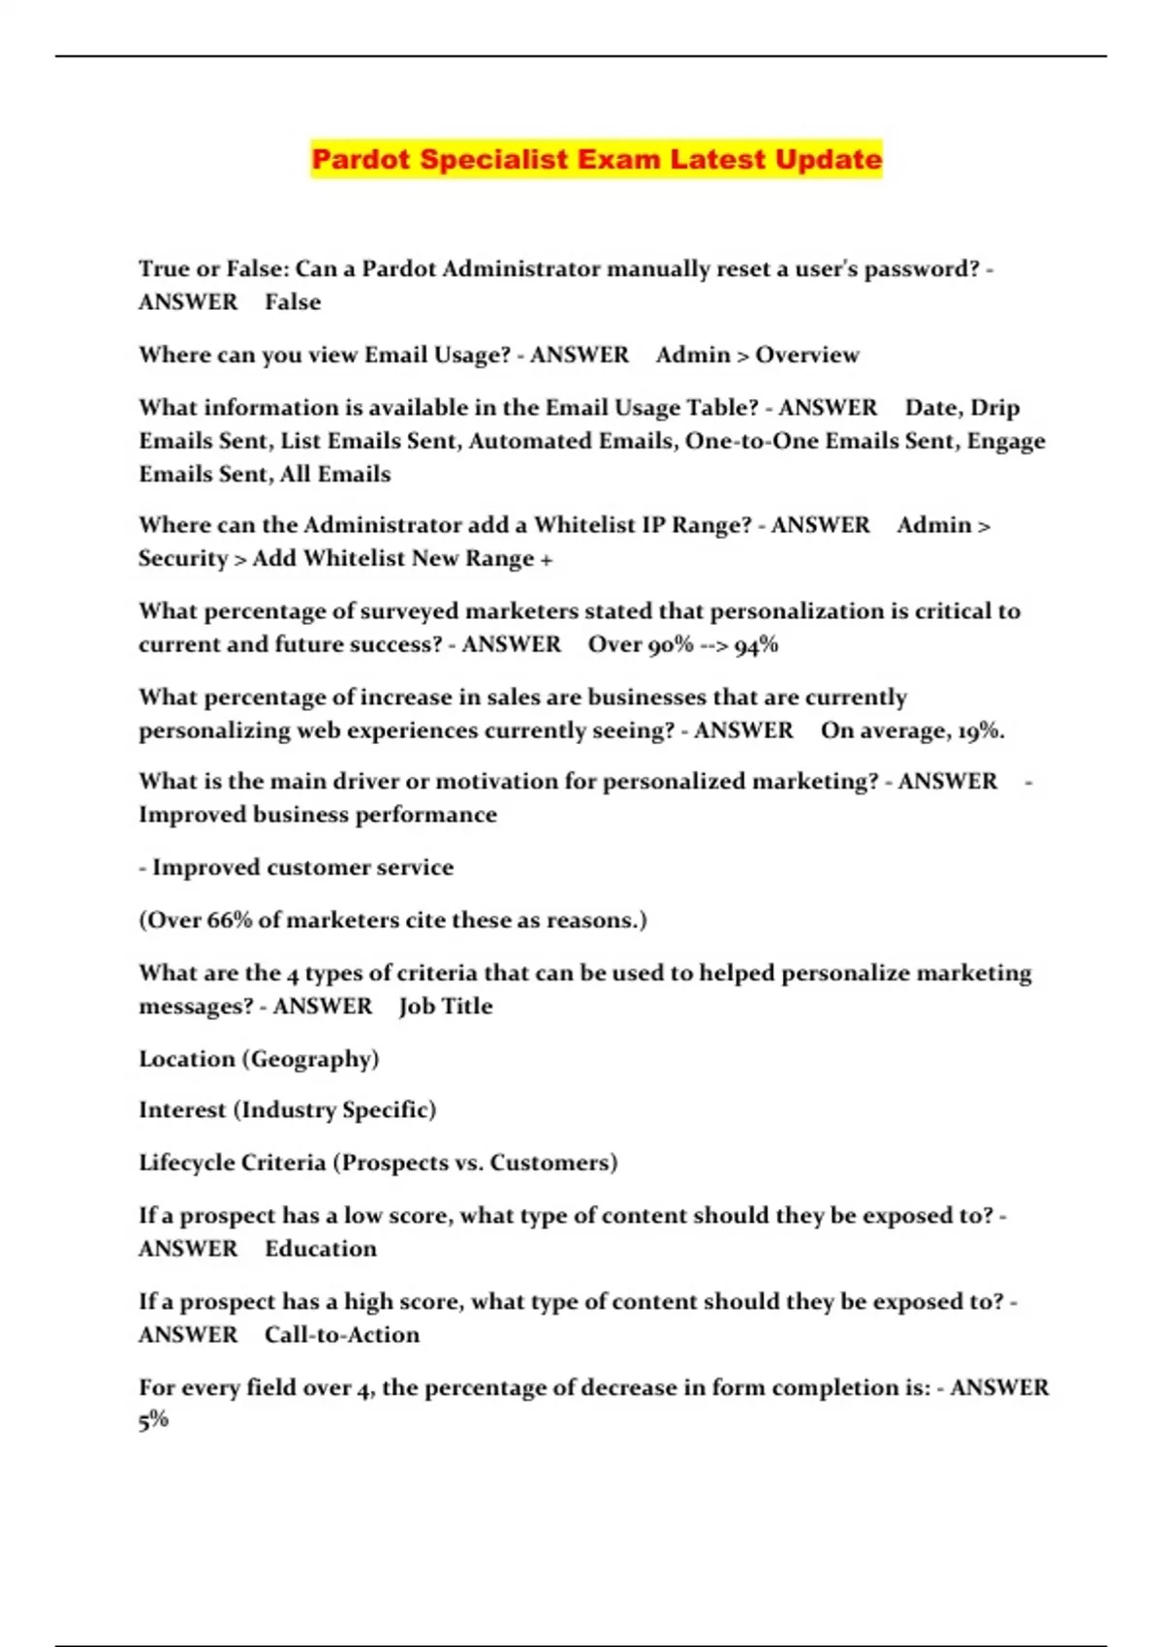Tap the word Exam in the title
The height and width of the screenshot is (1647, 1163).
[616, 159]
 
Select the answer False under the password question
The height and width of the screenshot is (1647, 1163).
[293, 302]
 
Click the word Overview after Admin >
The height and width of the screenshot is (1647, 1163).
[807, 355]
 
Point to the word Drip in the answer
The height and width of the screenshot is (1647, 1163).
[994, 408]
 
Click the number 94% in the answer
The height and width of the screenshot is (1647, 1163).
[756, 645]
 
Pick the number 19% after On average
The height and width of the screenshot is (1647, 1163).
[979, 730]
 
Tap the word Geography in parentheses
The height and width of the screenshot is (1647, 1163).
[314, 1059]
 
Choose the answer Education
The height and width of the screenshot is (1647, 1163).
[321, 1249]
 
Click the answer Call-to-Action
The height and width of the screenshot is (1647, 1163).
[342, 1335]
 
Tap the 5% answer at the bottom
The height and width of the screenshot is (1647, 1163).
[153, 1420]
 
